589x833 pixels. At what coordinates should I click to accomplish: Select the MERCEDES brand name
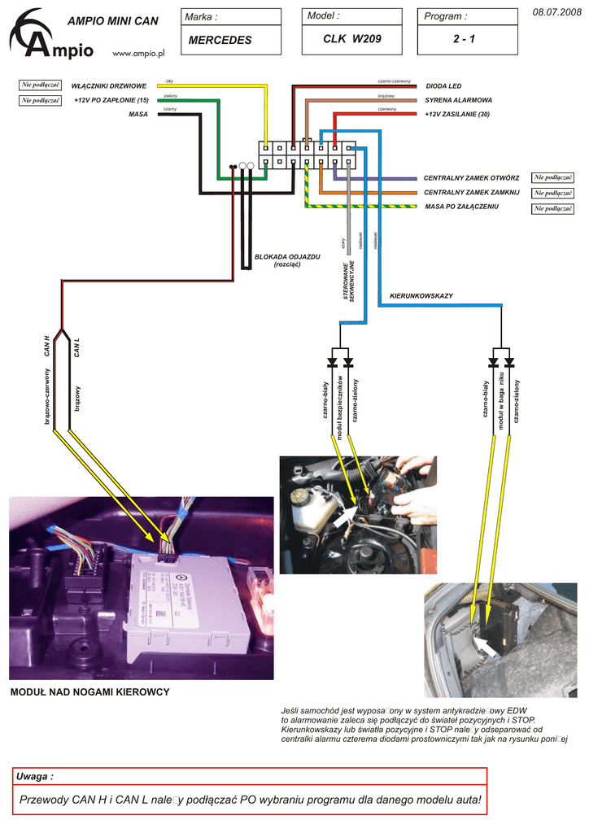click(x=220, y=40)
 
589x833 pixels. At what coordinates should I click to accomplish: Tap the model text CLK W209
click(x=351, y=39)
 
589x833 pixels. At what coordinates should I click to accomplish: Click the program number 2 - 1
click(x=467, y=39)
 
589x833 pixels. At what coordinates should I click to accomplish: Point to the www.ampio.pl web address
click(x=137, y=53)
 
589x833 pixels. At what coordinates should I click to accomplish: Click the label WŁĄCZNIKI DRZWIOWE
click(x=109, y=85)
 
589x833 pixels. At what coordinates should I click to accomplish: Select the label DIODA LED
click(x=443, y=85)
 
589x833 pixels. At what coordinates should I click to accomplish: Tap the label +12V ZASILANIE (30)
click(x=457, y=114)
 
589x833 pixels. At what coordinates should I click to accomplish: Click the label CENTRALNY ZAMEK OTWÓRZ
click(x=472, y=177)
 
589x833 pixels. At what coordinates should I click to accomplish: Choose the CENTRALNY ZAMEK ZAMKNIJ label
click(x=472, y=192)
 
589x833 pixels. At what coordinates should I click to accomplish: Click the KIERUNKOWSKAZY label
click(x=421, y=295)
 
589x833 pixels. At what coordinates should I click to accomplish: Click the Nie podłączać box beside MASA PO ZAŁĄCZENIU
click(x=553, y=209)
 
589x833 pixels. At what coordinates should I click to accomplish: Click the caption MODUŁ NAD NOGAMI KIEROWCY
click(x=89, y=692)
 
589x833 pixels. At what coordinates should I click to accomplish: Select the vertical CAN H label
click(x=47, y=347)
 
